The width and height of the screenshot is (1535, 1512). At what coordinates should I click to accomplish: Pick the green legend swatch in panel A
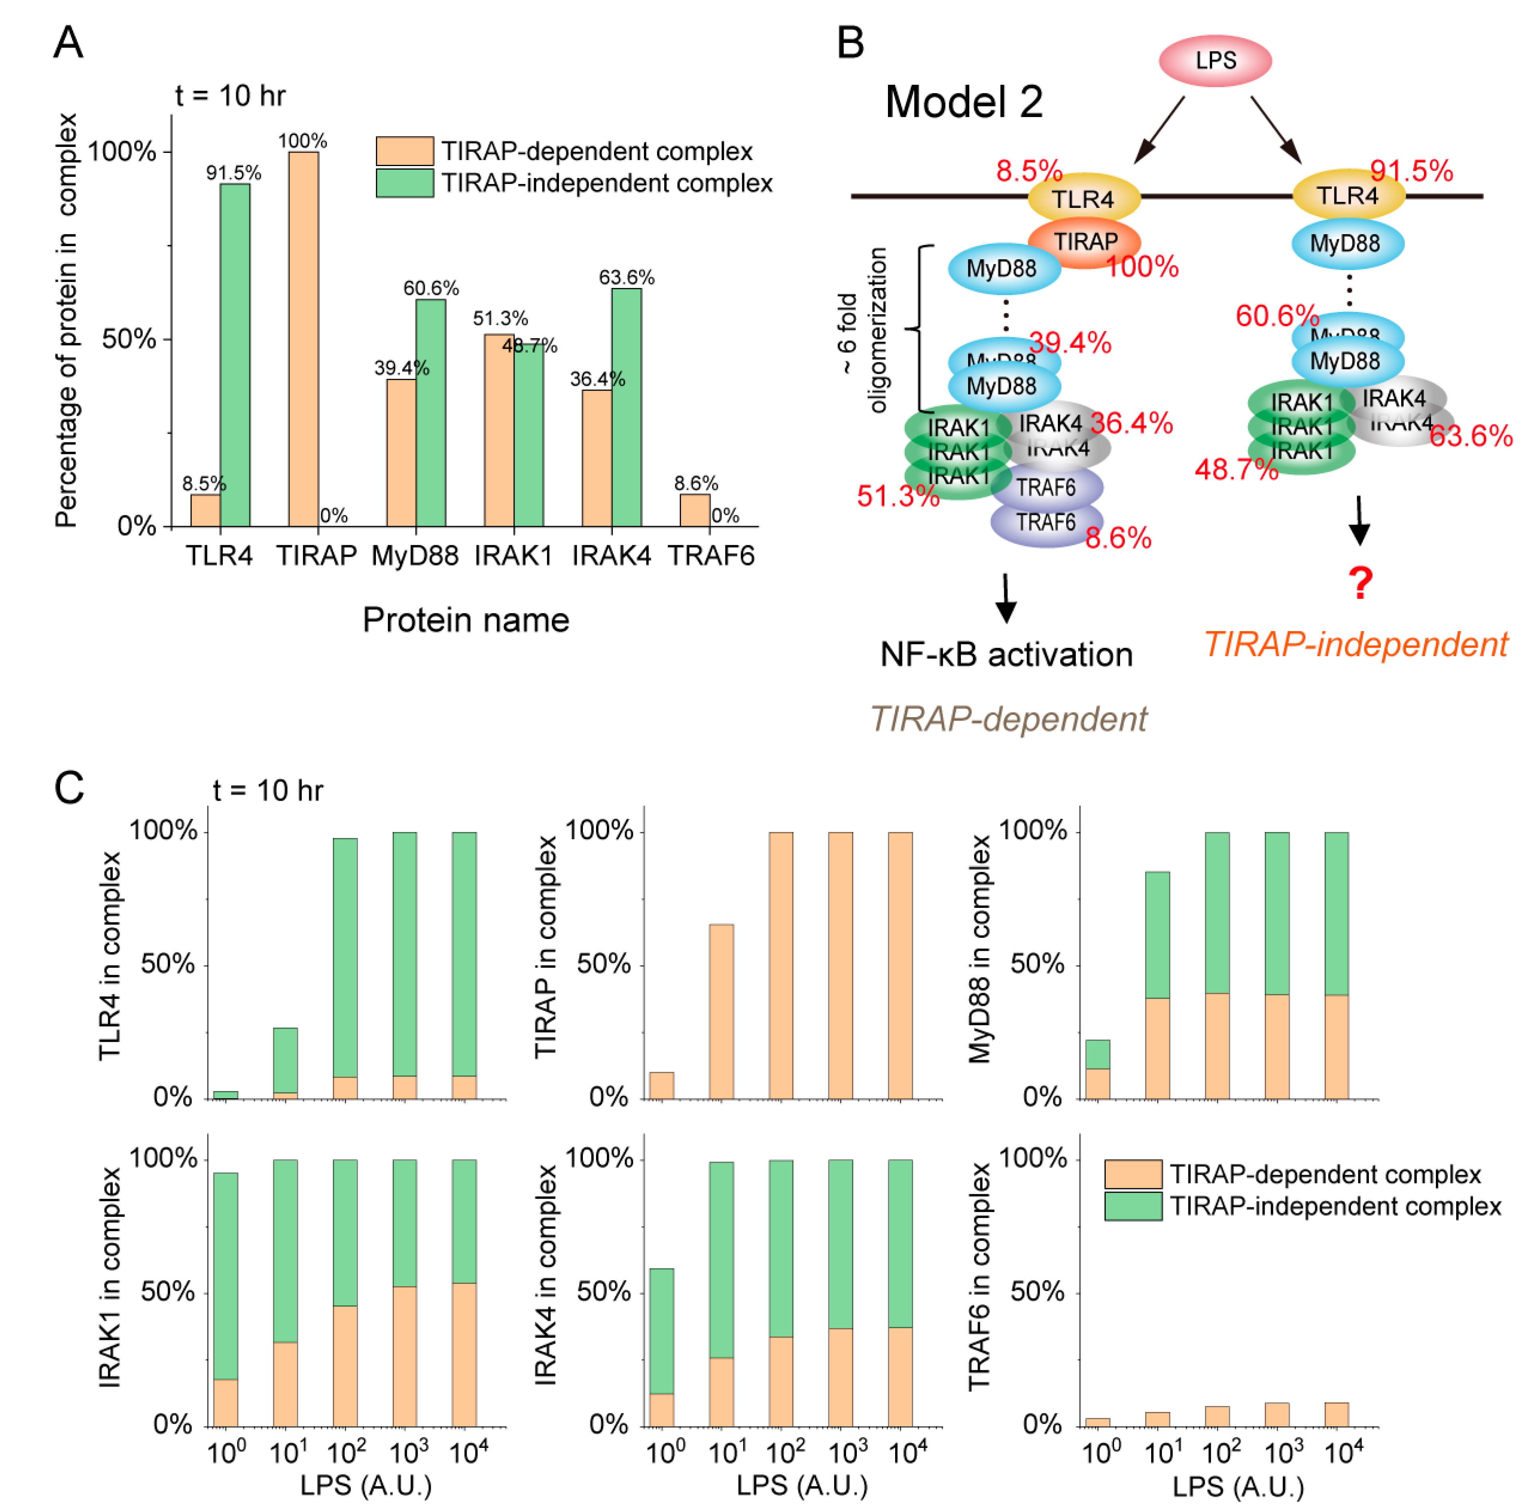(x=404, y=183)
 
